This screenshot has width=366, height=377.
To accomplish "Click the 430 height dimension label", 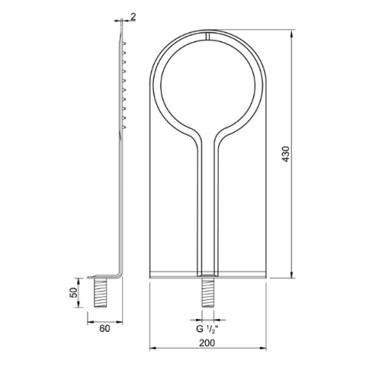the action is tap(286, 154).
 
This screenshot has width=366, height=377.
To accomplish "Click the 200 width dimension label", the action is tap(208, 343).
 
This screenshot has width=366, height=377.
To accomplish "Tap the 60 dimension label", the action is tap(105, 328).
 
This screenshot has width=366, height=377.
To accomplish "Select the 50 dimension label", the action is tap(73, 293).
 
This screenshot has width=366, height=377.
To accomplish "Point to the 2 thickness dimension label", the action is tap(133, 17).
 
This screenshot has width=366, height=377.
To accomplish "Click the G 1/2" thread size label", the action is tap(207, 329).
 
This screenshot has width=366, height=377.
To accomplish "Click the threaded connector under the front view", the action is tap(208, 292).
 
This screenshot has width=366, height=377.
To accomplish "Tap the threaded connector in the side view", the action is tap(101, 293).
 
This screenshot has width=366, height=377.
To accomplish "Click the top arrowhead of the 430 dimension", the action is tap(292, 33).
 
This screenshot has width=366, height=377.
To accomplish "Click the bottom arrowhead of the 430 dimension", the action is tap(292, 274).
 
